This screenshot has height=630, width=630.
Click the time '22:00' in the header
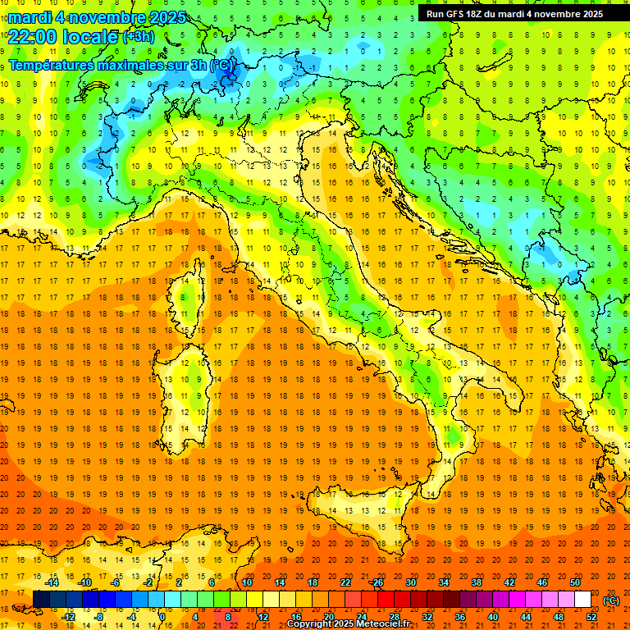pyautogui.click(x=33, y=35)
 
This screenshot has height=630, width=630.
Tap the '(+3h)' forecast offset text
pyautogui.click(x=138, y=37)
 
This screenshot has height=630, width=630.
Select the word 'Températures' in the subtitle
pyautogui.click(x=48, y=65)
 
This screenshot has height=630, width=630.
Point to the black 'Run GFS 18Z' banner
pyautogui.click(x=514, y=13)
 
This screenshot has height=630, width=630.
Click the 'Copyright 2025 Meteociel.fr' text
pyautogui.click(x=348, y=624)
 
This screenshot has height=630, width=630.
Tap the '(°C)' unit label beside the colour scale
pyautogui.click(x=611, y=600)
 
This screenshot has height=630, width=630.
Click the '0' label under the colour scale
pyautogui.click(x=162, y=616)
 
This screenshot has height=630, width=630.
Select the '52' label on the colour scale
pyautogui.click(x=591, y=616)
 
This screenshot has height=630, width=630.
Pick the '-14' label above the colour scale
pyautogui.click(x=52, y=582)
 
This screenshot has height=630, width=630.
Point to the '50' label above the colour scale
pyautogui.click(x=575, y=582)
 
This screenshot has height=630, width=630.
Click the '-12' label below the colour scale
pyautogui.click(x=69, y=616)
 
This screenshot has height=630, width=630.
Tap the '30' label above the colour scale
pyautogui.click(x=410, y=582)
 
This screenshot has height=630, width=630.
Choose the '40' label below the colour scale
pyautogui.click(x=492, y=616)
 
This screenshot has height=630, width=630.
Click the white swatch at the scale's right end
pyautogui.click(x=582, y=599)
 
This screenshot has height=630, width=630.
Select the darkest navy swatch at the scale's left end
pyautogui.click(x=41, y=599)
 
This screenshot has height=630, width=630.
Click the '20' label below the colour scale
pyautogui.click(x=328, y=616)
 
